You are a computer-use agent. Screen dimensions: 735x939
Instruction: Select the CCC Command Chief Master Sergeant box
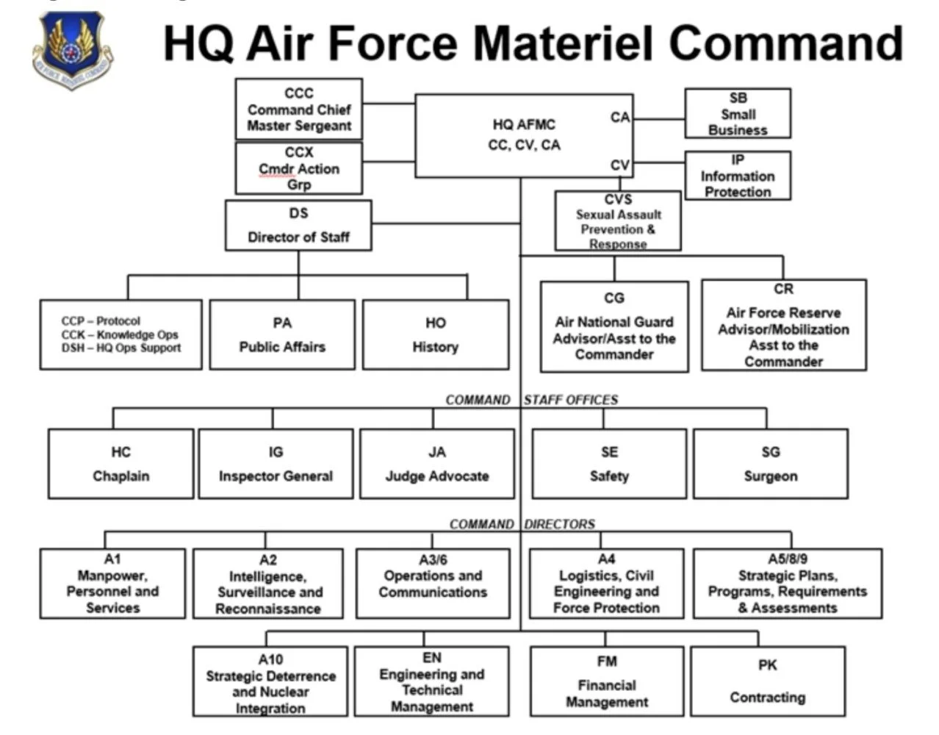point(299,110)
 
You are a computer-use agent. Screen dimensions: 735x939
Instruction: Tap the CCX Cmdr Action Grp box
point(299,168)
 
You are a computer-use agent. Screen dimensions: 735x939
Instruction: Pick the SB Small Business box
point(738,113)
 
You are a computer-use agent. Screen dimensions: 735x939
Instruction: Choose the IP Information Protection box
point(738,176)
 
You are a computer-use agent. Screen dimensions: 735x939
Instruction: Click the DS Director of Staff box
point(298,226)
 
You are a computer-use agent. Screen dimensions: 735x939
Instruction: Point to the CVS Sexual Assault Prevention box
point(618,221)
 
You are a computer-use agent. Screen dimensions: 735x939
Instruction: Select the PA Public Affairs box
point(282,334)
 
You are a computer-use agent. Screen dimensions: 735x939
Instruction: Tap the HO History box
point(436,334)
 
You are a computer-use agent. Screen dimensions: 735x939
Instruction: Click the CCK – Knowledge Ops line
point(120,334)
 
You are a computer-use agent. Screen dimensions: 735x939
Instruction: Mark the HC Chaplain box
point(121,464)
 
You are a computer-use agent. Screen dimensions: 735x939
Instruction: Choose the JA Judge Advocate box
point(437,464)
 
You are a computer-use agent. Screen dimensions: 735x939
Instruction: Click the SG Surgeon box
point(770,464)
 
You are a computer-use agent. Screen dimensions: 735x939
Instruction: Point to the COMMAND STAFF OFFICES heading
point(532,400)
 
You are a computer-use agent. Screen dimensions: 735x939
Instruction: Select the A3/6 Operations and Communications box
point(433,583)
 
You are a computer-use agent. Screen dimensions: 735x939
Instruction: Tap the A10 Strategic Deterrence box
point(270,682)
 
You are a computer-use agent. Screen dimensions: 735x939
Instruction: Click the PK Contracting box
point(768,681)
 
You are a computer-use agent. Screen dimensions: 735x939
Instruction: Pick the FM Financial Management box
point(607,681)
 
